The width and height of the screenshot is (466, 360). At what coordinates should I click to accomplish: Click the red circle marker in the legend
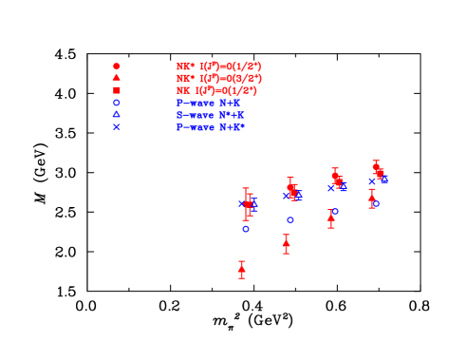(x=117, y=66)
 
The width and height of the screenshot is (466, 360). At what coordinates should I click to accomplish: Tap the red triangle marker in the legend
(x=117, y=78)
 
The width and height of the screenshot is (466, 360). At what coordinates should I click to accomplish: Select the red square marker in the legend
(x=117, y=90)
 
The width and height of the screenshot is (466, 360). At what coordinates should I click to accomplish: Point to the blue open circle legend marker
(x=117, y=103)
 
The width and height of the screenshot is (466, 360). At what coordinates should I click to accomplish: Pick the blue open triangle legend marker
(x=117, y=114)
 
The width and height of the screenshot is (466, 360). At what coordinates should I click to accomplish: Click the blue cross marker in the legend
(x=117, y=126)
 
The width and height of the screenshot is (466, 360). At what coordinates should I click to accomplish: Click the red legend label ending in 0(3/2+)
(x=218, y=79)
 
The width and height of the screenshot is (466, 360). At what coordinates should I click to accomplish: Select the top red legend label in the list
(x=218, y=66)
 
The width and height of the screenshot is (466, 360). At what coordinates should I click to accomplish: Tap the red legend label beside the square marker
(x=216, y=90)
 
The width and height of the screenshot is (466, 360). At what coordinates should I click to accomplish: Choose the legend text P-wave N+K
(x=208, y=103)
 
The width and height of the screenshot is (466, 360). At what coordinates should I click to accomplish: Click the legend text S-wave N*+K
(x=210, y=115)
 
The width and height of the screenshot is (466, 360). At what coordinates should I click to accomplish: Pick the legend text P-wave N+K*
(x=210, y=126)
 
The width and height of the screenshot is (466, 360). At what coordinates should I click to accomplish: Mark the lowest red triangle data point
(x=241, y=269)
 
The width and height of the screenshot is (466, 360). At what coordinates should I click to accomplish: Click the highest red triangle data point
(x=372, y=196)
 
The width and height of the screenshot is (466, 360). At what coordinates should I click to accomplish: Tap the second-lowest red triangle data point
(x=286, y=243)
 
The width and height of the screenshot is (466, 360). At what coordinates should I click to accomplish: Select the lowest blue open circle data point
(x=246, y=229)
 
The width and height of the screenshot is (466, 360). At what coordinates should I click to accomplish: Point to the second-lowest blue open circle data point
(x=290, y=220)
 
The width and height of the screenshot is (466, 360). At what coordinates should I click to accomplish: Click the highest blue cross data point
(x=384, y=179)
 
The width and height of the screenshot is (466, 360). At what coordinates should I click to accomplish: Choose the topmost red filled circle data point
(x=376, y=166)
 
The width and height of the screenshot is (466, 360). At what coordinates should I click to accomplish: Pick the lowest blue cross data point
(x=243, y=203)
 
